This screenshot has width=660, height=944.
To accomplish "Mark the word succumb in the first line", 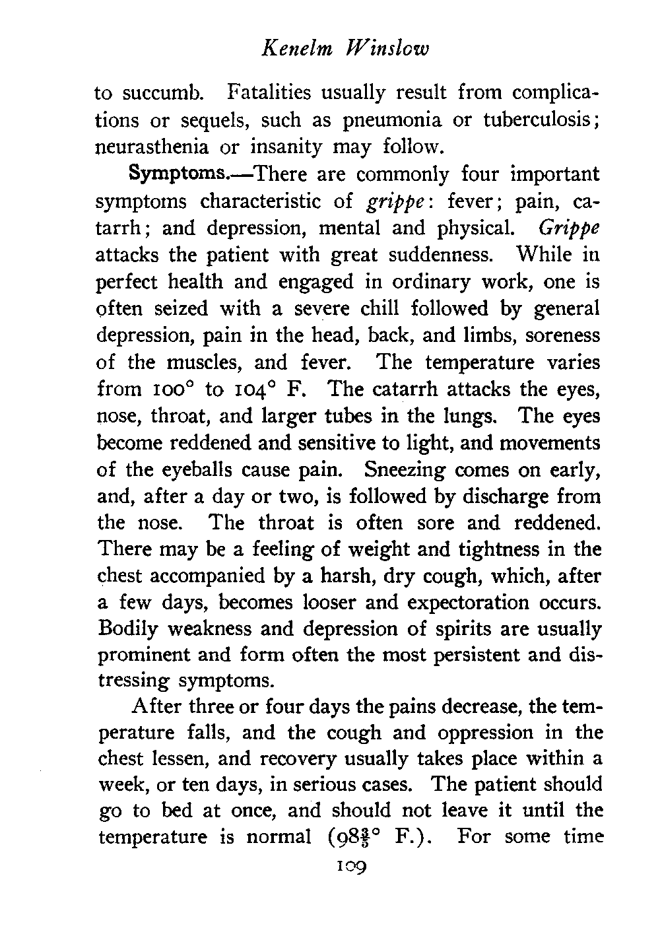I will pos(162,93).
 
